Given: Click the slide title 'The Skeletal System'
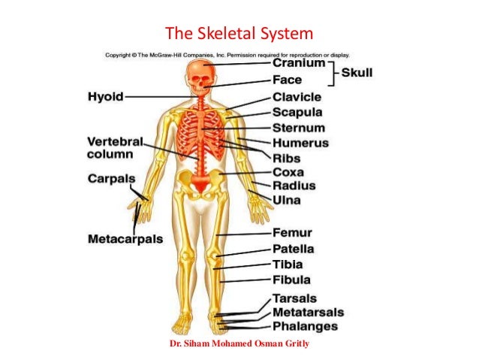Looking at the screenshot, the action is click(x=239, y=33).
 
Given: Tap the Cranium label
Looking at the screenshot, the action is click(x=298, y=64).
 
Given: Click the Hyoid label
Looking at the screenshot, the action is click(x=106, y=97).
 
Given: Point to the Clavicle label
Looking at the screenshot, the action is click(x=297, y=97).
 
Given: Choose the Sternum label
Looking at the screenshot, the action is click(x=298, y=127).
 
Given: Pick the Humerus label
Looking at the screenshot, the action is click(x=300, y=142).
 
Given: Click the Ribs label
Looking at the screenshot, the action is click(x=287, y=157).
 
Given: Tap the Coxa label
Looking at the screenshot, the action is click(x=288, y=172).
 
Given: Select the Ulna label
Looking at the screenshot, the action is click(x=287, y=200).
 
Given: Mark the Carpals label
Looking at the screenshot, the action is click(x=111, y=180).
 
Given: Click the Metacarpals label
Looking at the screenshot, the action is click(x=126, y=239).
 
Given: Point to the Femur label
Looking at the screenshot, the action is click(x=292, y=234).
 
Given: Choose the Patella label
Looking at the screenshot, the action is click(x=294, y=249).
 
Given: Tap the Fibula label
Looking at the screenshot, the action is click(x=292, y=280).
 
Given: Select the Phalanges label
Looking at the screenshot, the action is click(x=304, y=327).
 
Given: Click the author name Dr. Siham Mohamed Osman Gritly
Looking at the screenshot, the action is click(x=239, y=344).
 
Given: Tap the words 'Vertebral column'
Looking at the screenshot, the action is click(x=110, y=147).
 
